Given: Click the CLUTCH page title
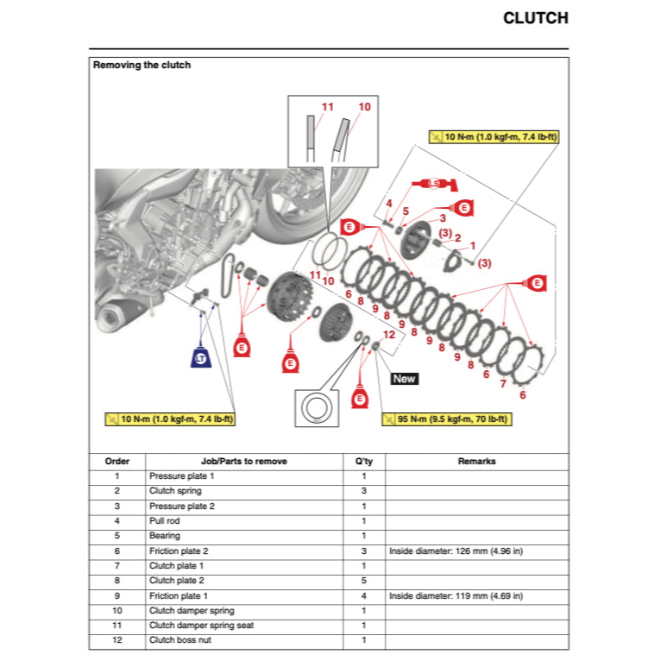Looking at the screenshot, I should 535,18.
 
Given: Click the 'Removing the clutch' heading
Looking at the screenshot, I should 142,65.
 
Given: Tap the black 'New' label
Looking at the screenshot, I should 404,378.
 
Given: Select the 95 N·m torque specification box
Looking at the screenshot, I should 446,419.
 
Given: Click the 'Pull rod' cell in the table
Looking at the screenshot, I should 165,520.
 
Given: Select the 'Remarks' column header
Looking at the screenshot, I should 476,461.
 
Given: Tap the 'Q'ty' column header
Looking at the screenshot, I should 363,461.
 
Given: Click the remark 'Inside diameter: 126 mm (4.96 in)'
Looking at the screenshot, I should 456,551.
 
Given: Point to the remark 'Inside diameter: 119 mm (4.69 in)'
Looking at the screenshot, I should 456,595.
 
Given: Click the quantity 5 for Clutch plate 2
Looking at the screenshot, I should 363,580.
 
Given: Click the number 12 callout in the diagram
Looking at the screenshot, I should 388,334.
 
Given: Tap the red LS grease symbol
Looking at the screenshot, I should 434,184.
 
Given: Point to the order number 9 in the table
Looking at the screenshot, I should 117,595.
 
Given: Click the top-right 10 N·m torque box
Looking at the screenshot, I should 494,137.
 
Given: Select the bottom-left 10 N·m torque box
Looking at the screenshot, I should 170,419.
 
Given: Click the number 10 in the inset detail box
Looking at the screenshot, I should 364,107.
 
